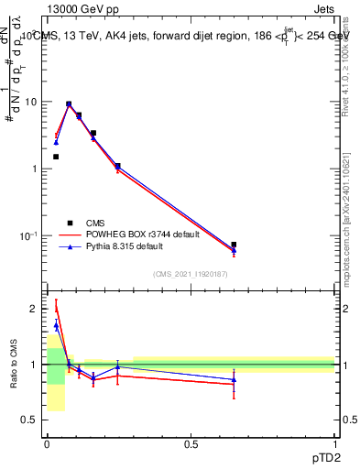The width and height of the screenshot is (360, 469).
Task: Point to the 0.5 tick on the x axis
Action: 191,443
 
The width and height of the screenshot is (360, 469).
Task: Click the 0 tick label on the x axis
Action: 47,443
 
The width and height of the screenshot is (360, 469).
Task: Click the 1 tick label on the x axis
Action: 334,443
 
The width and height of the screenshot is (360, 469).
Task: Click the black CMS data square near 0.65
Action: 234,245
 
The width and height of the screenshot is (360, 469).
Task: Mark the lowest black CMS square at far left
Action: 56,157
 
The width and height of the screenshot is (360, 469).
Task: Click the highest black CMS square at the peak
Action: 69,104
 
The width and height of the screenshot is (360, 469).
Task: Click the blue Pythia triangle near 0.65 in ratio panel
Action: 234,379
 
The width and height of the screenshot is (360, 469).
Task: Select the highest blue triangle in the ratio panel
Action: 56,325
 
